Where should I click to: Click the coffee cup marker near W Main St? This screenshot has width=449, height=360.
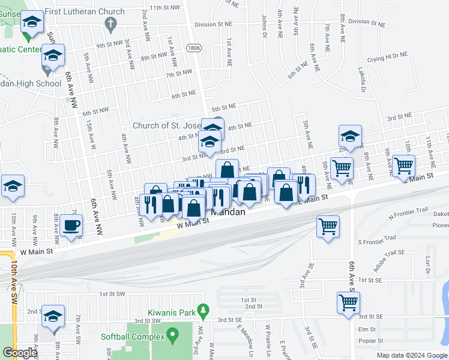click(71, 226)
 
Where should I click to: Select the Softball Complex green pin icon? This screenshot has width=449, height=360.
click(173, 334)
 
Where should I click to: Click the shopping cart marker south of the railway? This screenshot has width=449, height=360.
click(328, 226)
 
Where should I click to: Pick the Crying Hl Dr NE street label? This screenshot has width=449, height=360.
click(387, 55)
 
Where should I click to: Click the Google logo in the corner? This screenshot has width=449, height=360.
click(19, 353)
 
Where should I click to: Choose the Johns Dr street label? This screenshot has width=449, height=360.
click(264, 26)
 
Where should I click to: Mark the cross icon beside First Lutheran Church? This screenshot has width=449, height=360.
click(109, 24)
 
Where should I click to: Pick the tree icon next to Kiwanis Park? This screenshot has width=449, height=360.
click(203, 311)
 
